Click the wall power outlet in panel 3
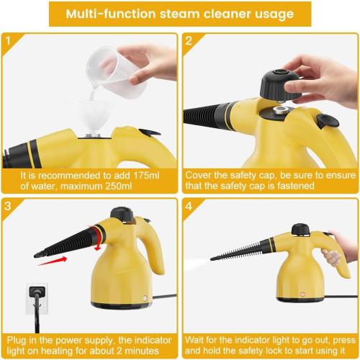[x=36, y=296]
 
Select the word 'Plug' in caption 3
[x=16, y=338]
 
